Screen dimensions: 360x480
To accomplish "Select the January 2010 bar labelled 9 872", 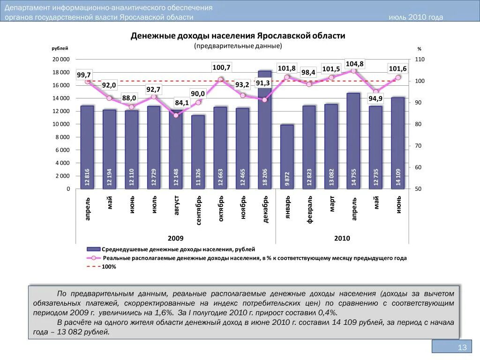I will (287, 157).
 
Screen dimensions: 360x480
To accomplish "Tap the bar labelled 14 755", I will (353, 141).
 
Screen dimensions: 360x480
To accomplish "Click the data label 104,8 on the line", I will (354, 64).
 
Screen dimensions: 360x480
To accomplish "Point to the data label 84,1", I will (181, 103).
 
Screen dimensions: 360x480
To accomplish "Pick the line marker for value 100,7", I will (221, 80).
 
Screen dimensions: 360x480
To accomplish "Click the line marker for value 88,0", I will (131, 107).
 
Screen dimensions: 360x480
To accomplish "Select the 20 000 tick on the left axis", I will (61, 60).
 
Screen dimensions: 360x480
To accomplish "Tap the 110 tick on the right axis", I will (419, 60).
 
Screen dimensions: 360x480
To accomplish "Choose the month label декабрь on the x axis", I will (265, 210).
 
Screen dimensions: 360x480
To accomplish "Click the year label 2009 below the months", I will (176, 239).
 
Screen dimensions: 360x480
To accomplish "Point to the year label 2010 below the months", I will (342, 239).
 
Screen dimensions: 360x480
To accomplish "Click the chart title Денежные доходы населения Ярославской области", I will (238, 36).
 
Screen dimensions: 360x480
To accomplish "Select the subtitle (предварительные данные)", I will (238, 46).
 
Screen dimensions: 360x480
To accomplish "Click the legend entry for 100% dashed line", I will (109, 267).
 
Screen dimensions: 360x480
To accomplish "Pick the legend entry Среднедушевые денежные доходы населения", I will (179, 249).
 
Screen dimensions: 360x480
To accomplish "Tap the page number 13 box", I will (452, 347).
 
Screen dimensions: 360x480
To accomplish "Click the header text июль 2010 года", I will (416, 17).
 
